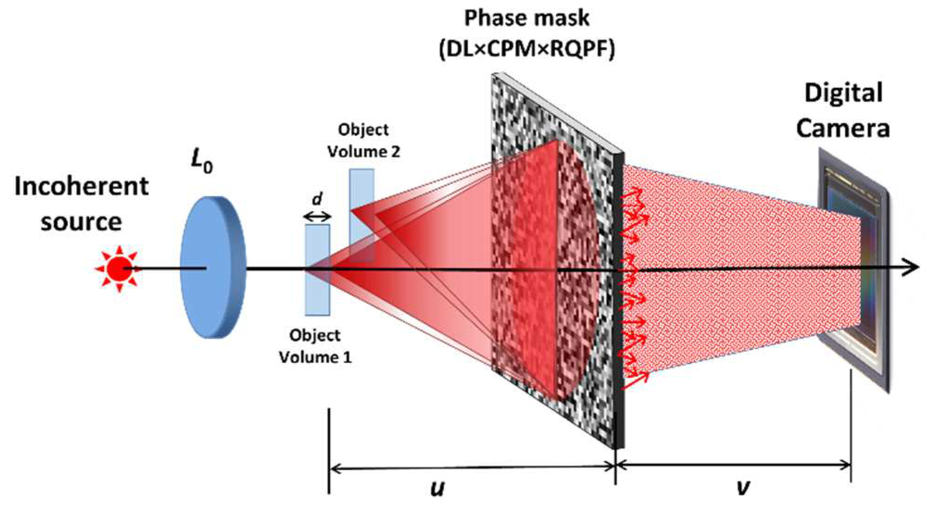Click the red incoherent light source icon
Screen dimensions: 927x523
(x=119, y=268)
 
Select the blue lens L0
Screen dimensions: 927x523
(x=213, y=268)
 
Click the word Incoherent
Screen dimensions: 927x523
(x=81, y=186)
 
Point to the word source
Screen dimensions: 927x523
(x=81, y=222)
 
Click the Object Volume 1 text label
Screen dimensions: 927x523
(x=315, y=346)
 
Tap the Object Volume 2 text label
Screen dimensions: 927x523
(x=363, y=140)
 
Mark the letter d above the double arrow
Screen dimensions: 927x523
(x=317, y=199)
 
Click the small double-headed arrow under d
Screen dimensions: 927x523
(x=317, y=216)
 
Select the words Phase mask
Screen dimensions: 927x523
(x=526, y=19)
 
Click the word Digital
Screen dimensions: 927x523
(x=843, y=93)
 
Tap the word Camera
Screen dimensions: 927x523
(x=843, y=128)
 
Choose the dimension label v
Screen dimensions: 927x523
(x=742, y=487)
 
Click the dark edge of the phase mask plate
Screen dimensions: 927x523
(x=619, y=301)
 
